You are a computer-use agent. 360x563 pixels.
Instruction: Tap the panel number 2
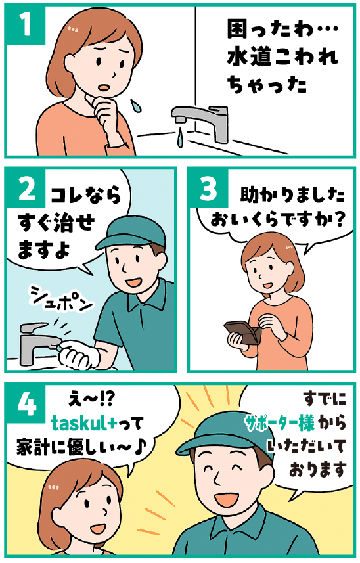coord(27,189)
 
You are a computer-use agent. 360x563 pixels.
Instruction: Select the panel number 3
coord(208,189)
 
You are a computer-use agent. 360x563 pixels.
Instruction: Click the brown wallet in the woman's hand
coord(242,333)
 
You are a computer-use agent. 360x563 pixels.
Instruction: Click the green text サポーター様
coord(280,422)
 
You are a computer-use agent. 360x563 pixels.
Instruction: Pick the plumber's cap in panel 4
coord(223,434)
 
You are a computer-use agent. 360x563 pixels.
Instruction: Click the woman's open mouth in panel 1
coord(105,87)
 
